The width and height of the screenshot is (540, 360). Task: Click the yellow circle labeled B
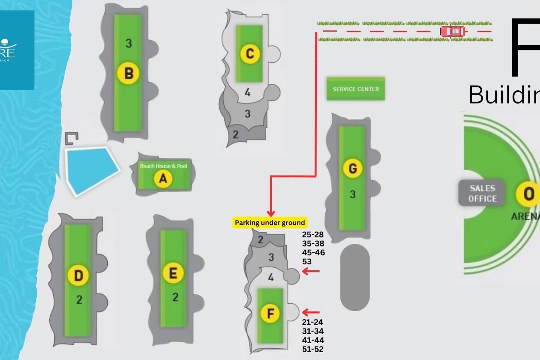tap(128, 73)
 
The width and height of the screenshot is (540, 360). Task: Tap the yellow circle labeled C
tap(250, 54)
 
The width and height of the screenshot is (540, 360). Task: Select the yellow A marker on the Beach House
tap(163, 178)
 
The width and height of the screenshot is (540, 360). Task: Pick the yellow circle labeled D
tap(78, 276)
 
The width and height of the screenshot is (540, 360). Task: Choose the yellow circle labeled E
tap(173, 273)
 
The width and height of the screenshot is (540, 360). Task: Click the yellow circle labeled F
tap(270, 313)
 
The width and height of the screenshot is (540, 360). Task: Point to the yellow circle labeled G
tap(352, 168)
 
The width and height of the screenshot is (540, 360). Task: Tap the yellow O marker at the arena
tap(528, 194)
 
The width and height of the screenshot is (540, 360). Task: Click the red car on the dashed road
tap(454, 31)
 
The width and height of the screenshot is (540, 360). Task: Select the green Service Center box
tap(355, 89)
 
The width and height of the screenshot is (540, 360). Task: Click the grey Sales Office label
tap(482, 193)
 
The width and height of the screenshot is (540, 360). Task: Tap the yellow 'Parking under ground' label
tap(270, 222)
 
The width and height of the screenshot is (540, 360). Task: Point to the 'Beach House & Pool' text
tap(163, 166)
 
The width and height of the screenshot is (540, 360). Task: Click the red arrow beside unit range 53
tap(311, 271)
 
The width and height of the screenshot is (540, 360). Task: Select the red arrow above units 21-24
tap(311, 312)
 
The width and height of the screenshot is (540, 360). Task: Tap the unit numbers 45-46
tap(313, 252)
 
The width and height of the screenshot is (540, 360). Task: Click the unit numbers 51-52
tap(313, 349)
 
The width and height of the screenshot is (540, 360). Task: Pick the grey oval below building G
tap(355, 277)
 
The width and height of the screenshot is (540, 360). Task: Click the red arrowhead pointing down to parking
tap(271, 213)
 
